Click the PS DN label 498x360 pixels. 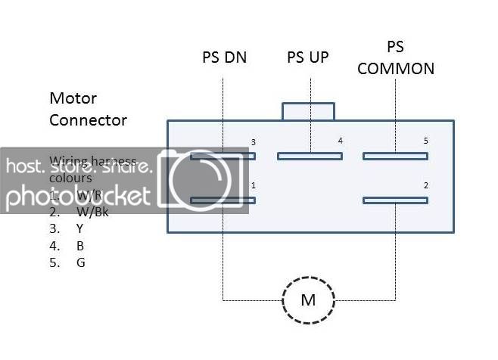point(224,57)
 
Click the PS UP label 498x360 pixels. point(308,57)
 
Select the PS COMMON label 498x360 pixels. point(396,57)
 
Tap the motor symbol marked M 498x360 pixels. point(308,299)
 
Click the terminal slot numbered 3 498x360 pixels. point(223,157)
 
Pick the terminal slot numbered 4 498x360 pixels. point(309,157)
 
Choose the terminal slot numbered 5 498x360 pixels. point(395,157)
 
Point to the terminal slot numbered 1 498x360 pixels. point(223,200)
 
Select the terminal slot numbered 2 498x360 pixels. point(395,200)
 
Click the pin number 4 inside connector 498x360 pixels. point(340,141)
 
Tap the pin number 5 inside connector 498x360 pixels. point(425,141)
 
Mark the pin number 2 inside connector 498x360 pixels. point(425,185)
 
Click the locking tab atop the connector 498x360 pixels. point(308,111)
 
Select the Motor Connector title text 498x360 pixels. point(88,109)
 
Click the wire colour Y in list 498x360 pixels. point(79,228)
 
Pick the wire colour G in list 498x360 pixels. point(80,262)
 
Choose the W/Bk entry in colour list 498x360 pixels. point(92,212)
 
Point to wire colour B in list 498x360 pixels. point(79,245)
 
